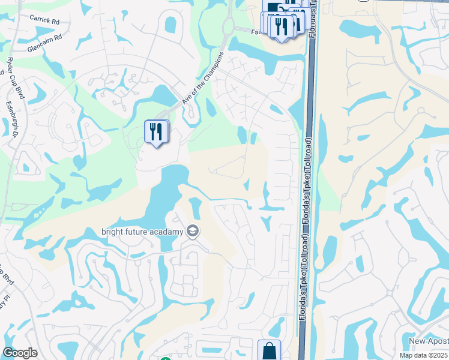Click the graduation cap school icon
pos(193,231)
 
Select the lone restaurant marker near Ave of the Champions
pos(156,131)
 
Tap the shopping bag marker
pos(270,350)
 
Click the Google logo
pos(20,353)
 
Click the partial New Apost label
pos(429,341)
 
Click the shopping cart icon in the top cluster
pos(274,7)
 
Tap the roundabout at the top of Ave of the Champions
pos(228,26)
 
